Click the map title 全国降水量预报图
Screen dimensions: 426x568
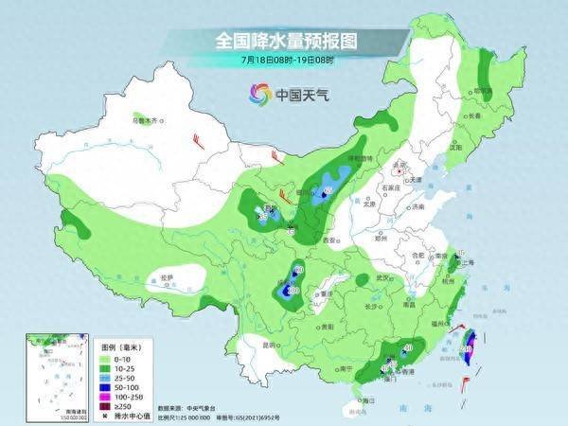(283, 42)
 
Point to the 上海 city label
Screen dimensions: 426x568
(467, 262)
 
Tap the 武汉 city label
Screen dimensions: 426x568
(382, 277)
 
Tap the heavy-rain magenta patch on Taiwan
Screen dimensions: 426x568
(470, 344)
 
